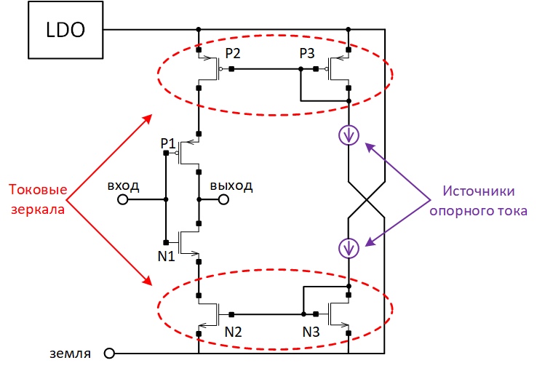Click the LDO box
[x=65, y=30]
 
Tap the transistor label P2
[x=233, y=53]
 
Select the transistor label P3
[x=307, y=53]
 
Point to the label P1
[x=168, y=143]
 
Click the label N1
[x=167, y=256]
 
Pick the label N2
[x=234, y=332]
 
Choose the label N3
[x=311, y=332]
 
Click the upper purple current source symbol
[x=349, y=135]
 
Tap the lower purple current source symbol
[x=349, y=248]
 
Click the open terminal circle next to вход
[x=122, y=199]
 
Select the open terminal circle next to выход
[x=223, y=199]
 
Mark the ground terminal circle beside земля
[x=109, y=354]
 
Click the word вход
[x=123, y=186]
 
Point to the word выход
[x=231, y=186]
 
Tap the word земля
[x=70, y=354]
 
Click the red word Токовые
[x=38, y=189]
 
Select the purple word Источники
[x=479, y=191]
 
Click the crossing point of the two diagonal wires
[x=367, y=199]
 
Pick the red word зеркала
[x=38, y=210]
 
